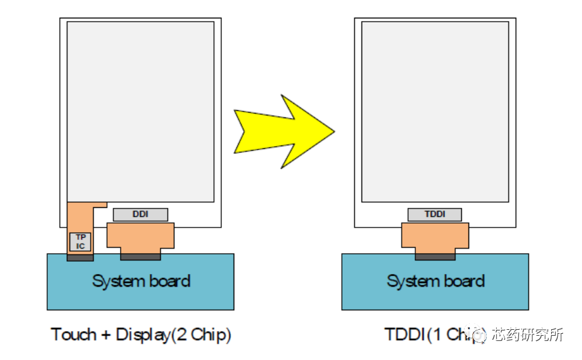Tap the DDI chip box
[x=140, y=214]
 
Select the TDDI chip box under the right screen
[x=434, y=214]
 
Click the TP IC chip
[x=80, y=241]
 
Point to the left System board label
[x=141, y=281]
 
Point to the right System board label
[x=436, y=281]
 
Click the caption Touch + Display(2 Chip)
[x=141, y=334]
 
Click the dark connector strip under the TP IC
[x=80, y=257]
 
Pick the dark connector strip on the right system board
[x=435, y=256]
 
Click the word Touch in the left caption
[x=73, y=334]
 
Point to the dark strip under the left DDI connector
[x=140, y=256]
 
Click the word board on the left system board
[x=168, y=281]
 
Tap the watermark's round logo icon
[x=479, y=335]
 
